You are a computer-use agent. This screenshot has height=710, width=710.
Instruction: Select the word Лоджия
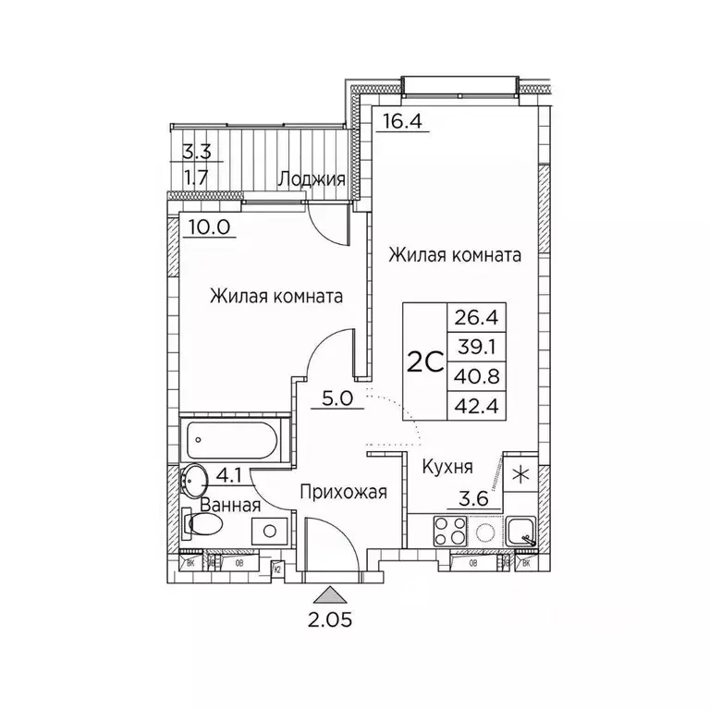pyautogui.click(x=312, y=180)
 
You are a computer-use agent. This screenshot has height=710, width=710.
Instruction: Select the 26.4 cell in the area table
pyautogui.click(x=472, y=319)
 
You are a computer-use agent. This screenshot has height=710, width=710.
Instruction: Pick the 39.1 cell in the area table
pyautogui.click(x=472, y=348)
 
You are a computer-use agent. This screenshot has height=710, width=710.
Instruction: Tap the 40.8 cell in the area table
pyautogui.click(x=472, y=375)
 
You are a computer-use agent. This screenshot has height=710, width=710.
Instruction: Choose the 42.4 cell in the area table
pyautogui.click(x=472, y=404)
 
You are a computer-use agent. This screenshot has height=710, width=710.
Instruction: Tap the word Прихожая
pyautogui.click(x=342, y=492)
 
